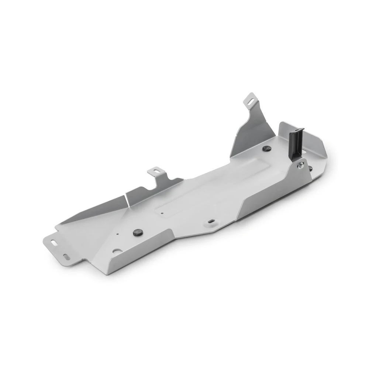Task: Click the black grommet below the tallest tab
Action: click(x=266, y=148)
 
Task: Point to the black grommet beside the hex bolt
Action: click(x=311, y=169)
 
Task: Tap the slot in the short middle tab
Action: click(x=156, y=171)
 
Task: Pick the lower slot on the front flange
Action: click(x=66, y=256)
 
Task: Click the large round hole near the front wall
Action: click(x=115, y=251)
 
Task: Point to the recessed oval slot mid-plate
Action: click(x=211, y=221)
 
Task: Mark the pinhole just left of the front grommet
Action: click(x=117, y=234)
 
